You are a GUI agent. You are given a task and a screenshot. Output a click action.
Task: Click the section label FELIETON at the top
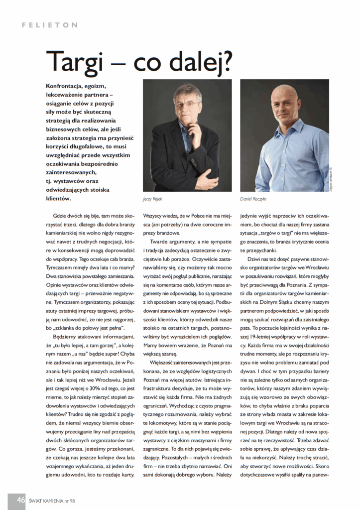50,24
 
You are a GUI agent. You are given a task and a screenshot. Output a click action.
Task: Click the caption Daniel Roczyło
254,198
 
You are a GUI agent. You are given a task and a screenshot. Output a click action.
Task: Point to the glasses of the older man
186,104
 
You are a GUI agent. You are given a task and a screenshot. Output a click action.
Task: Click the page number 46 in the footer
21,500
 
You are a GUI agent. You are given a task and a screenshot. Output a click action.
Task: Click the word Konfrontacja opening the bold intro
65,86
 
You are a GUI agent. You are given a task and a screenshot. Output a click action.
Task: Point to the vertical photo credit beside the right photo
331,177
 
